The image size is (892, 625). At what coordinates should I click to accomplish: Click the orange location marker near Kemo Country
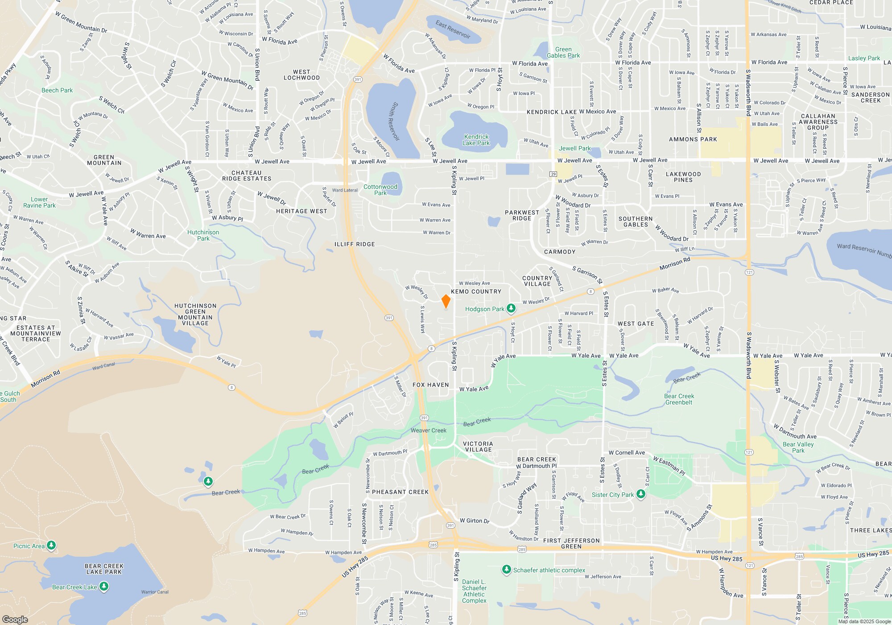coord(446,301)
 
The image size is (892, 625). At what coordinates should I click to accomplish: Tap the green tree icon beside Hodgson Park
coord(511,308)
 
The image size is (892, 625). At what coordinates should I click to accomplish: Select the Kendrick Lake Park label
coord(476,140)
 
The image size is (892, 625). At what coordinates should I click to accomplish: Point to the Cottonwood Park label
coord(380,190)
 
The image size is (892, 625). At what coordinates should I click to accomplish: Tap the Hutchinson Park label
coord(203,235)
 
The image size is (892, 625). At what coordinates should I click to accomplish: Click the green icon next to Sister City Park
coord(641,494)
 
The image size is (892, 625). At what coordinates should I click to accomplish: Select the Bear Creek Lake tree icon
coord(104,586)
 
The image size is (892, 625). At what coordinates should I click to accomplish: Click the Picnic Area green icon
coord(51,545)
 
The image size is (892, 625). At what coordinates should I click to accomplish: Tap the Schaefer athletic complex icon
coord(506,569)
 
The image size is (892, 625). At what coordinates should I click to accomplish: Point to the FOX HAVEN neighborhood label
coord(430,385)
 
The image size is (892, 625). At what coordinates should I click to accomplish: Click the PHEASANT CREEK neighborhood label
coord(400,492)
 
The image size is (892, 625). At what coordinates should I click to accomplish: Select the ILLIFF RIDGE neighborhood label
coord(355,244)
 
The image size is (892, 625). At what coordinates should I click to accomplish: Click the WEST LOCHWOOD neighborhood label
coord(301,75)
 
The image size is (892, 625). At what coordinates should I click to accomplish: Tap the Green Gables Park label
coord(563,53)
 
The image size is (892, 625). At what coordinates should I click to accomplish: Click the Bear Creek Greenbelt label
coord(679,399)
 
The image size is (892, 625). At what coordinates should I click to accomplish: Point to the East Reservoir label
coord(453,29)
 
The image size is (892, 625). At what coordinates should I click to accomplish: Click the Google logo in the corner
coord(15,619)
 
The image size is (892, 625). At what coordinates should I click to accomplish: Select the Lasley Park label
coord(864,58)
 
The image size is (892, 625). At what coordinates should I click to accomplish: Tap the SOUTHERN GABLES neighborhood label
coord(635,221)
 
